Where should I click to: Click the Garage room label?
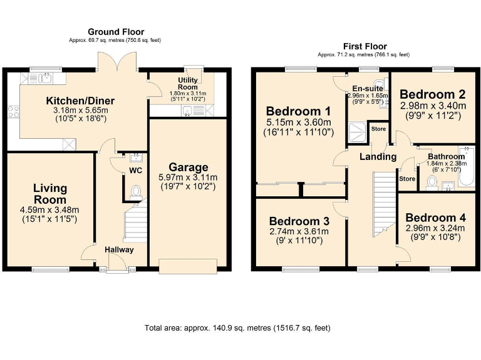coord(188,167)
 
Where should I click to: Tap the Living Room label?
coord(50,194)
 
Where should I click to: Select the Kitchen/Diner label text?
coord(80,101)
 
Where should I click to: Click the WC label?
coord(135,170)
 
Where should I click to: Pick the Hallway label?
coord(119,249)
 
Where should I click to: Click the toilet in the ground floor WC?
coord(135,191)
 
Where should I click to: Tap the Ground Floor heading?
coord(116,32)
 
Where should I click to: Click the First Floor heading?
coord(365,46)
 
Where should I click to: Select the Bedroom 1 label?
coord(299,112)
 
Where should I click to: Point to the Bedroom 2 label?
coord(433,95)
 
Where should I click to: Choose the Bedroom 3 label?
coord(299,221)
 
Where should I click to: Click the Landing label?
coord(378,156)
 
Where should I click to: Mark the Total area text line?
coord(237,327)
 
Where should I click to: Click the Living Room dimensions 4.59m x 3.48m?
coord(50,209)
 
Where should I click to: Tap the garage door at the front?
coord(188,266)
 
